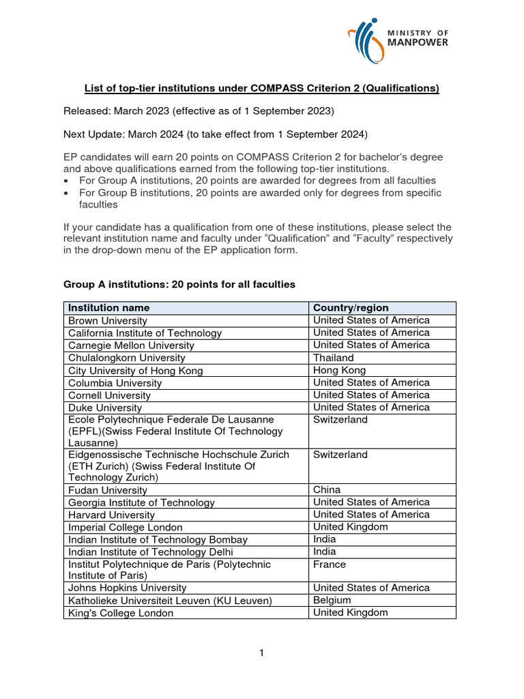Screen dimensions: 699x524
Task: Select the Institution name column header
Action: [108, 308]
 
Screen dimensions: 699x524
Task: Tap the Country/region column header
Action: [351, 308]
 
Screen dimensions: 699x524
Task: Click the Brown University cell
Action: [107, 321]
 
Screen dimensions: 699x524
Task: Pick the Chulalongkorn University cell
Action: [126, 358]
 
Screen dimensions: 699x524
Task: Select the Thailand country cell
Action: [333, 358]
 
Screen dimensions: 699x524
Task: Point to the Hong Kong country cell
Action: [340, 370]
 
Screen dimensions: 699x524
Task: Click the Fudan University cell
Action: [107, 490]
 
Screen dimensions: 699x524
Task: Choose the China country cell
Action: [327, 489]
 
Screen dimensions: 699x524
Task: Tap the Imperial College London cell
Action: [125, 527]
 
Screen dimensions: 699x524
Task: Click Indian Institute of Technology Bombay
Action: [158, 539]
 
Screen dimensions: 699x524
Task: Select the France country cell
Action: [330, 565]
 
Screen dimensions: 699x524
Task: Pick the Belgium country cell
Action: [332, 600]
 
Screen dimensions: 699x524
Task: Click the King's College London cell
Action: [121, 613]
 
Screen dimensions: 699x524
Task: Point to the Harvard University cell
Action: [111, 515]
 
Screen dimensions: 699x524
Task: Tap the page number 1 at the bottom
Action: [261, 653]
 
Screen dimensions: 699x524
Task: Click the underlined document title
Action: [261, 88]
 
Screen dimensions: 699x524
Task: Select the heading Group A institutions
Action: [179, 284]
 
